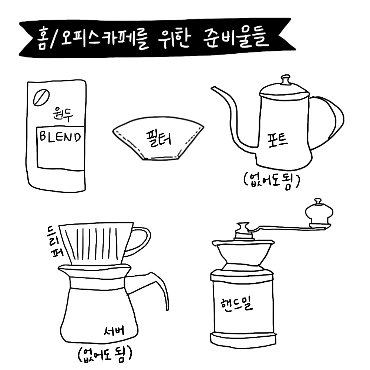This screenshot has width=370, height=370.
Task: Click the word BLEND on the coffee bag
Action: coord(60,137)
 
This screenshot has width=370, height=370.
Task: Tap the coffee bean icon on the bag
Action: coord(41,97)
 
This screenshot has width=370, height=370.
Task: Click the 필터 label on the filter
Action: coord(159,138)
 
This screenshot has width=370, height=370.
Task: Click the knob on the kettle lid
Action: coord(286,80)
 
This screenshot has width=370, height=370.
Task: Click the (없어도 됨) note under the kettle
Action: coord(272,181)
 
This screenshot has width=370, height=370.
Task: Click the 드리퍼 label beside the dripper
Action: coord(55,241)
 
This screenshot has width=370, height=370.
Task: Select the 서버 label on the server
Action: coord(114,331)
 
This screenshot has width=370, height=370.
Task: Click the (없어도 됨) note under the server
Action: coord(105,354)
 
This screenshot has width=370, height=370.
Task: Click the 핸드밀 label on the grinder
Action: coord(237,305)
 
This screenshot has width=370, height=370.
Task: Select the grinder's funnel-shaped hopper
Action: coord(243,255)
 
